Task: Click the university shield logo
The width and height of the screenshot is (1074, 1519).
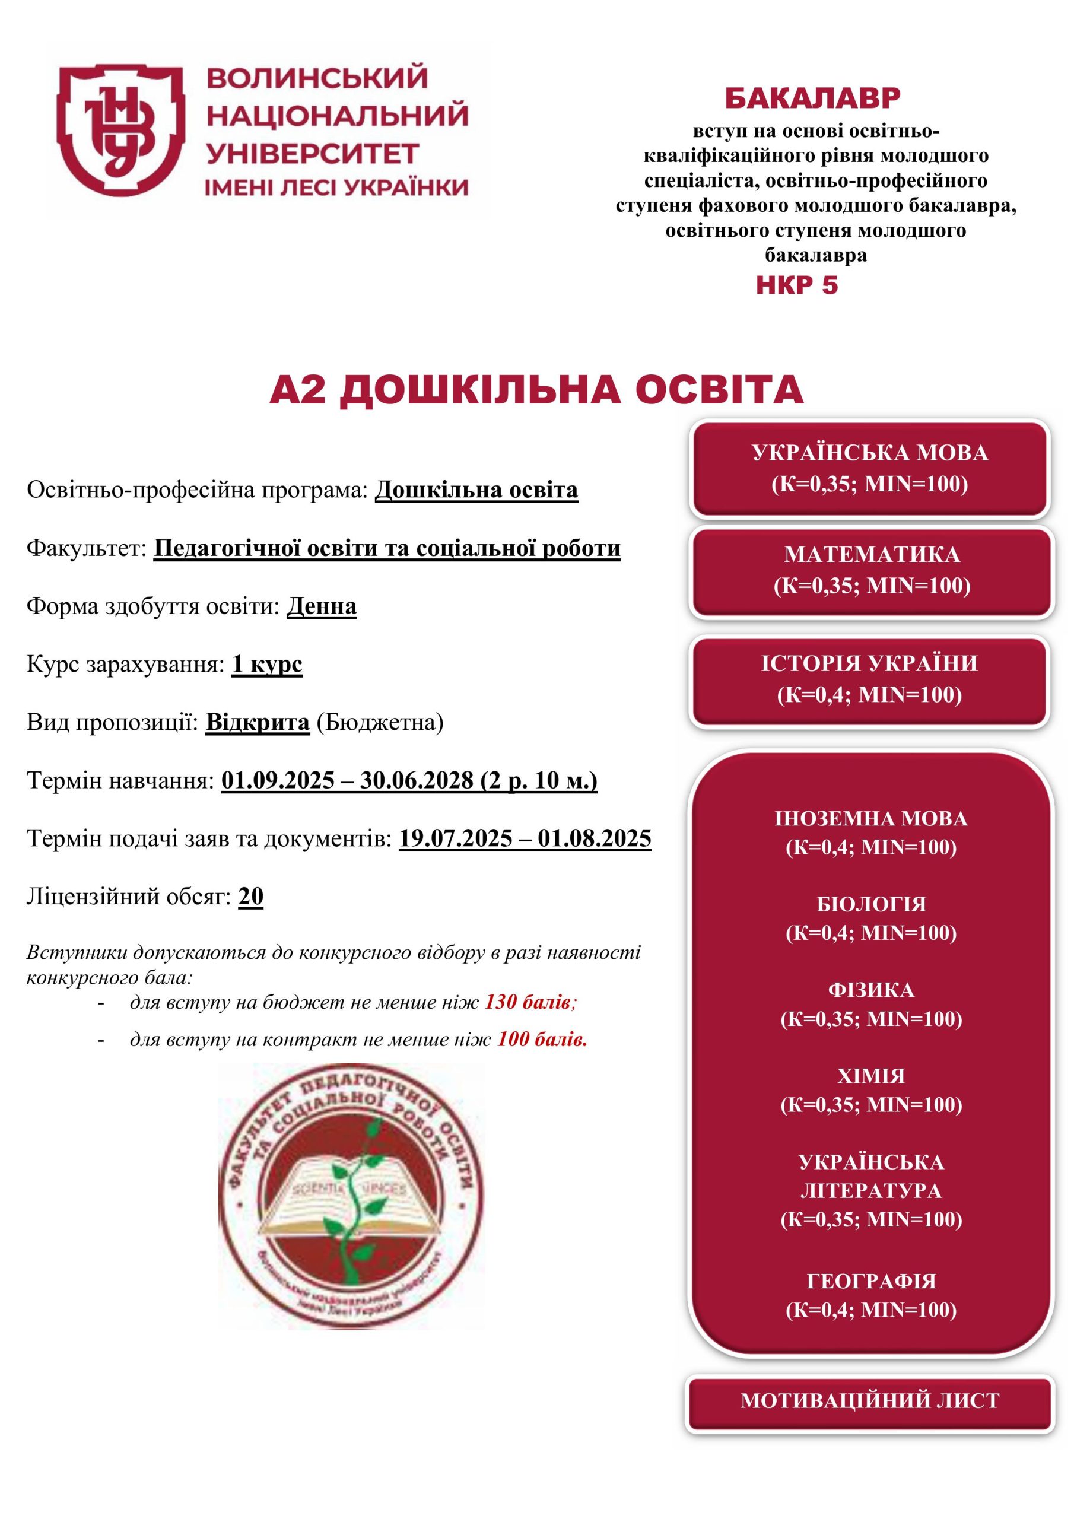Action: (x=120, y=130)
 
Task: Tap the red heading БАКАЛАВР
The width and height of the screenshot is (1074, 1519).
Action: (x=812, y=98)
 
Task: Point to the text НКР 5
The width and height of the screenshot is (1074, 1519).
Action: (x=797, y=285)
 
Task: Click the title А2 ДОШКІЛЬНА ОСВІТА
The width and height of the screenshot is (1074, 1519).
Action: (x=536, y=390)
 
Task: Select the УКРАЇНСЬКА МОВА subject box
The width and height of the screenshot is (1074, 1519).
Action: (x=869, y=468)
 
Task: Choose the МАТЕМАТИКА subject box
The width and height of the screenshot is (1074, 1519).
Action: (x=872, y=570)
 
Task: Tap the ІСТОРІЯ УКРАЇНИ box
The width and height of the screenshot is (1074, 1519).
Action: (x=869, y=679)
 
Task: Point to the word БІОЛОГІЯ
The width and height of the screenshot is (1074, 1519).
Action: (x=871, y=904)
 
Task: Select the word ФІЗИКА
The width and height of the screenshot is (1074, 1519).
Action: (x=871, y=990)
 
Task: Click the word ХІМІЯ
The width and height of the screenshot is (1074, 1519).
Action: (x=871, y=1076)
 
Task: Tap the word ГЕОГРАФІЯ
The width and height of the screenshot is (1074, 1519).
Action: (x=871, y=1281)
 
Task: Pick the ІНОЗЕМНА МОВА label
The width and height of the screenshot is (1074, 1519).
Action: (x=871, y=818)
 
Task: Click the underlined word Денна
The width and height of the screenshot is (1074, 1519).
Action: (x=322, y=606)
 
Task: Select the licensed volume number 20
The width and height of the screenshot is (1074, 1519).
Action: (x=251, y=897)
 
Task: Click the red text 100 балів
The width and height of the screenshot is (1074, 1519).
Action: (x=542, y=1040)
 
